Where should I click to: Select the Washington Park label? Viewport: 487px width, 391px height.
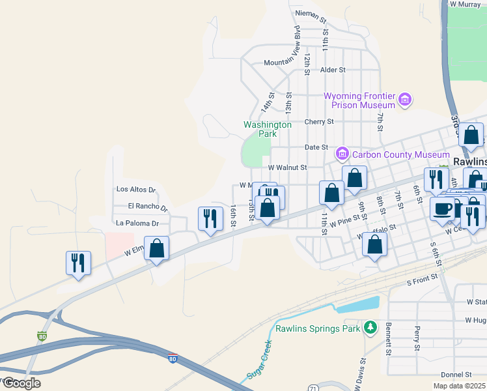coord(267,129)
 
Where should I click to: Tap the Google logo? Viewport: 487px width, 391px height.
coord(21,383)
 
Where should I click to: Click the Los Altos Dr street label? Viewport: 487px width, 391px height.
coord(136,190)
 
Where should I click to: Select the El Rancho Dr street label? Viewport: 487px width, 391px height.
coord(148,207)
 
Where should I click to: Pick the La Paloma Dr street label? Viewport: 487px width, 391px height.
coord(137,224)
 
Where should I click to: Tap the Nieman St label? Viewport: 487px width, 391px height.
coord(311,13)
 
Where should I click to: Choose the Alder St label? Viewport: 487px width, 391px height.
coord(332,70)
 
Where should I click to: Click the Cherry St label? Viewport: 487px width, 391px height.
coord(319,122)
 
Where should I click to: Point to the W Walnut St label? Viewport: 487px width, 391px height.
coord(287,167)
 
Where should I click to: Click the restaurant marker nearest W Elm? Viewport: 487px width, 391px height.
coord(78,263)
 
